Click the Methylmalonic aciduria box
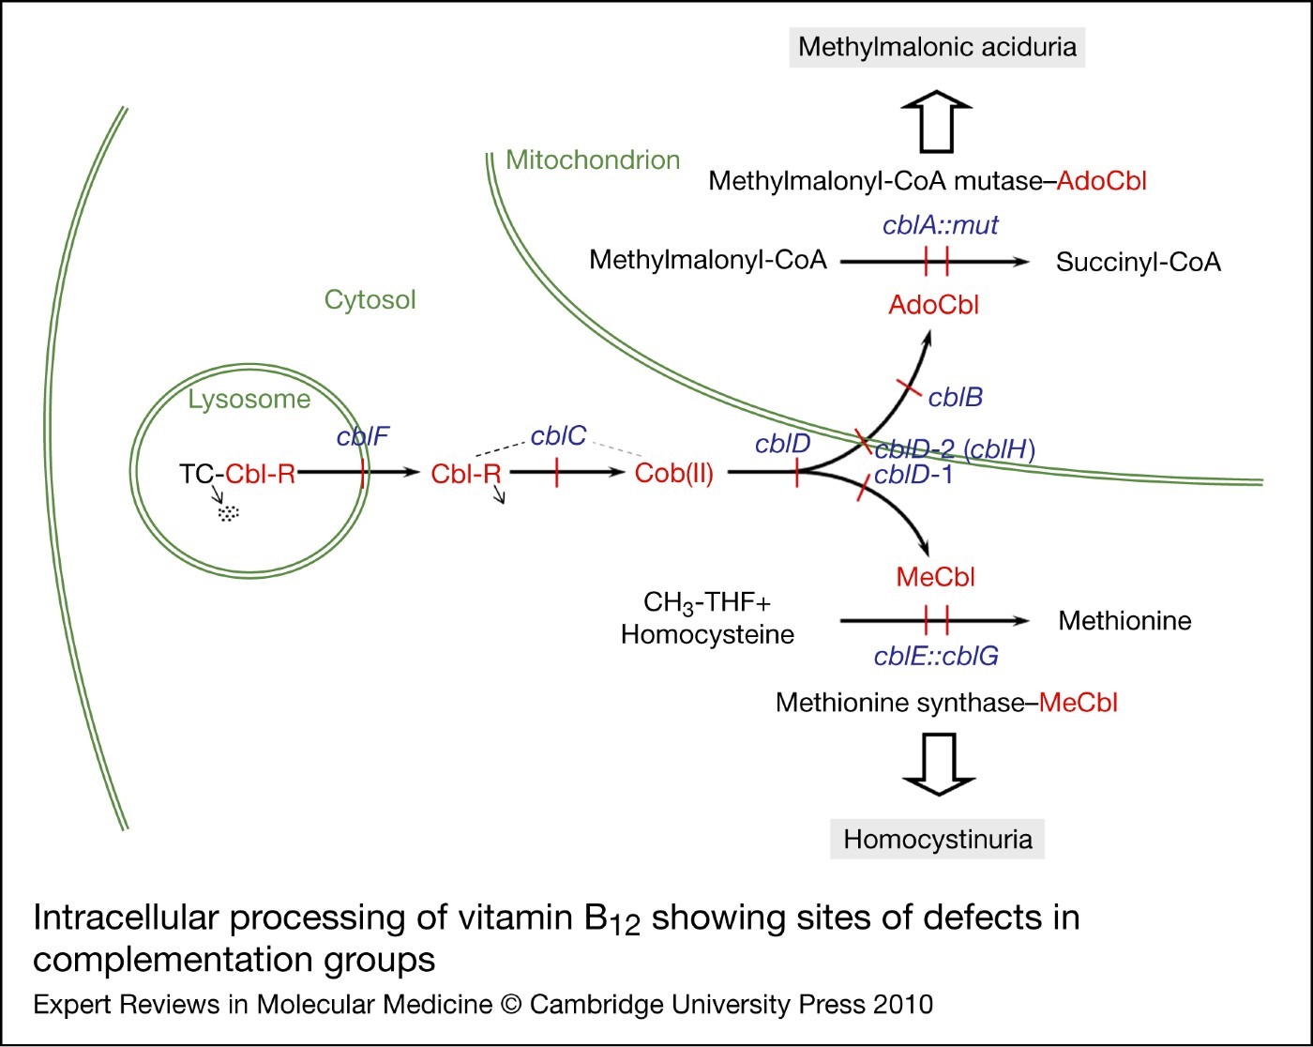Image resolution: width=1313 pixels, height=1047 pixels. tap(937, 47)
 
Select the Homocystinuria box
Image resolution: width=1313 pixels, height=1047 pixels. tap(937, 839)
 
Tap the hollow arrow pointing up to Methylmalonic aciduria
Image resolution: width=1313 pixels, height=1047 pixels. tap(937, 122)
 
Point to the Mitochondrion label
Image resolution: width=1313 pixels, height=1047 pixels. tap(593, 160)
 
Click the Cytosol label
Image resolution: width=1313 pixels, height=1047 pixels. tap(370, 300)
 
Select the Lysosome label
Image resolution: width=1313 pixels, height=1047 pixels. tap(249, 400)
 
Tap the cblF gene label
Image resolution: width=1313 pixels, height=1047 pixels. tap(362, 437)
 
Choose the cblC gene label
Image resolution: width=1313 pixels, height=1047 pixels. tap(558, 436)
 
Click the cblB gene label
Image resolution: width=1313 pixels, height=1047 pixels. tap(955, 398)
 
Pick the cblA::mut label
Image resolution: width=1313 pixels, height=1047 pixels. tap(940, 225)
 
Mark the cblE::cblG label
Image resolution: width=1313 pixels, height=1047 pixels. tap(936, 657)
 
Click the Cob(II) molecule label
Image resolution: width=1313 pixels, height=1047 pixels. tap(673, 474)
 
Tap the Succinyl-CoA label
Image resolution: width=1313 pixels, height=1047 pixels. tap(1138, 263)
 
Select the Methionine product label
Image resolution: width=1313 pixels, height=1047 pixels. tap(1124, 621)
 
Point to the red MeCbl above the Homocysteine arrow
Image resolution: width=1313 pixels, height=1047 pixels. tap(935, 578)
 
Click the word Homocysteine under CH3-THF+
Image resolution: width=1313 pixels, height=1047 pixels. tap(707, 635)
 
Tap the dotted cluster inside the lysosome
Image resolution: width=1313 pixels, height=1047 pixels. tap(229, 513)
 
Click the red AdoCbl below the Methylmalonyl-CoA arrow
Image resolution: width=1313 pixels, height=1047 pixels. tap(933, 305)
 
